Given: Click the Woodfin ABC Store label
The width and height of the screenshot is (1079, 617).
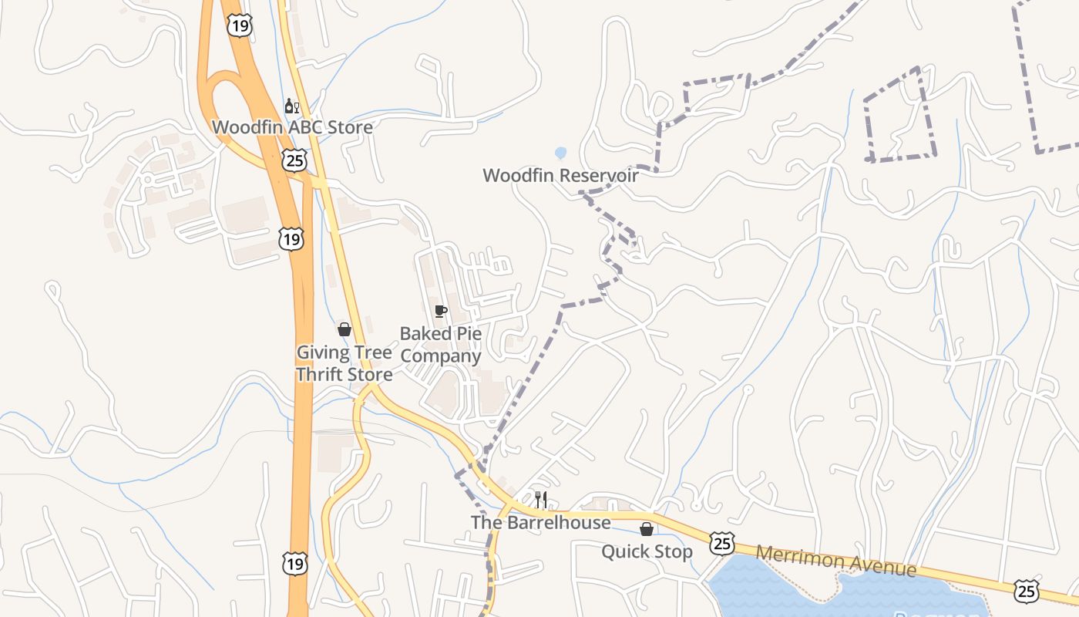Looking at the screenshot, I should click(292, 126).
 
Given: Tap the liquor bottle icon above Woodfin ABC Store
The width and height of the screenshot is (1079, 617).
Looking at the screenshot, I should click(291, 106).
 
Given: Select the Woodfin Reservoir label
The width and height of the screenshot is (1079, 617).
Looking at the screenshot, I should click(560, 175).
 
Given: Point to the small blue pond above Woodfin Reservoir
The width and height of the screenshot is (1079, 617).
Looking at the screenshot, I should click(560, 153).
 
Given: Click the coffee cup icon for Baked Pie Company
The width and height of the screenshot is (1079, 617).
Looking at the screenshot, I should click(440, 311).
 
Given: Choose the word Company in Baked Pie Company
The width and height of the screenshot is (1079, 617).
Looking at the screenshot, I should click(440, 356).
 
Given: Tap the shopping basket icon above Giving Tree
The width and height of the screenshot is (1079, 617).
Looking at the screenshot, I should click(345, 329).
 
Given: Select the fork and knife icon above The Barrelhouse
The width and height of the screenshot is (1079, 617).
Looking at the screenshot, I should click(541, 500).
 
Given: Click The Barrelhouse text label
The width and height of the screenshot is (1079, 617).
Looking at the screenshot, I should click(540, 522).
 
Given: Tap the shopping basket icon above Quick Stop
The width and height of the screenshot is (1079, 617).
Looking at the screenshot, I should click(647, 529).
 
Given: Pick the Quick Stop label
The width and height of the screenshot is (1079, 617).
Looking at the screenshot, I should click(647, 551).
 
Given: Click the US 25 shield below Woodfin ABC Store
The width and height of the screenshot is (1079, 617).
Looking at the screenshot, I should click(294, 160).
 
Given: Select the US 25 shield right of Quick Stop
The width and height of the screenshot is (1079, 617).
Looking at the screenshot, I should click(722, 543).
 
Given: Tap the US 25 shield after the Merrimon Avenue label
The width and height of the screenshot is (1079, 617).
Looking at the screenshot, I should click(1026, 591).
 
